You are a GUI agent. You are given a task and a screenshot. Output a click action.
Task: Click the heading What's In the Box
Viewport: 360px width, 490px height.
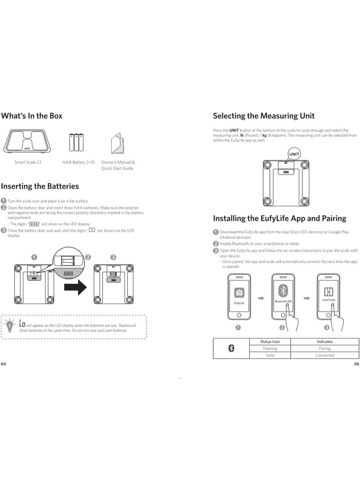click(x=31, y=116)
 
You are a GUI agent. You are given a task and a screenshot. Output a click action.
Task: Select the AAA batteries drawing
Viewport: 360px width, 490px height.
click(x=76, y=143)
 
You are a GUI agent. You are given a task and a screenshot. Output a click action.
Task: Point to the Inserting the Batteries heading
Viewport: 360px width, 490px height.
click(x=40, y=186)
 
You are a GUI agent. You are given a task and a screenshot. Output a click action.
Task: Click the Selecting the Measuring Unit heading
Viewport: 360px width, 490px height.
click(x=263, y=116)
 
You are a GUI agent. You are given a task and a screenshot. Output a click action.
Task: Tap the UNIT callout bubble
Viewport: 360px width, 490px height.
click(x=294, y=154)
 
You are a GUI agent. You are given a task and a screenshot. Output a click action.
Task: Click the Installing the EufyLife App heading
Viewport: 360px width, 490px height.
click(x=279, y=218)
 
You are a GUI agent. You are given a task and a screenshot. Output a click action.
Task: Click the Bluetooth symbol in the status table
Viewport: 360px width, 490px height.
click(x=231, y=348)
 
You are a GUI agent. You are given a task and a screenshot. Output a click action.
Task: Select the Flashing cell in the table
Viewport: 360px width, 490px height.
click(x=270, y=348)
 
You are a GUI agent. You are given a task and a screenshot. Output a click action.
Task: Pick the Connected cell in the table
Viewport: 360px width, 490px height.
click(x=324, y=355)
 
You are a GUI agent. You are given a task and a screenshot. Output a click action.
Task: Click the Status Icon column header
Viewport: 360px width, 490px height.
click(x=270, y=342)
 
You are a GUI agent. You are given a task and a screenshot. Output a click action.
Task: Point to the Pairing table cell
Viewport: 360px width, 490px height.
click(x=324, y=348)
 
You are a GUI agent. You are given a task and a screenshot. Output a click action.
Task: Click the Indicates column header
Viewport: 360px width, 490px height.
click(x=324, y=342)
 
